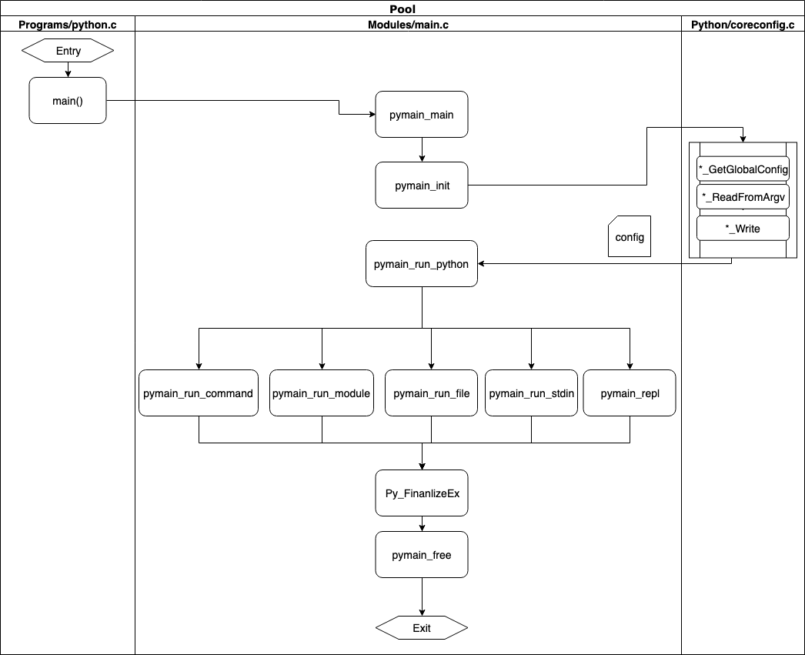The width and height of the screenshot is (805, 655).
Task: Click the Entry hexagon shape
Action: (68, 52)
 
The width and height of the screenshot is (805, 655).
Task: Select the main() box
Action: (68, 100)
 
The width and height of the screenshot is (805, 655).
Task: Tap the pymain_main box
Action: (422, 115)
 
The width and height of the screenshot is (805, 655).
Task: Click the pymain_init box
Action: (422, 185)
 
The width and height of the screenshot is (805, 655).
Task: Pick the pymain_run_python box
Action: (421, 264)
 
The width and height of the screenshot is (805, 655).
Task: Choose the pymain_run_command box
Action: (199, 393)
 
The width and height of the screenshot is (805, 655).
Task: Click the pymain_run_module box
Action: (322, 393)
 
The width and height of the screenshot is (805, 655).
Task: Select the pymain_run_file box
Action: (431, 393)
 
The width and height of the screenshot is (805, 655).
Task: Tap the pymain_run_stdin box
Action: (531, 393)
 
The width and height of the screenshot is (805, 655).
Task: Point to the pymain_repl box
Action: (630, 393)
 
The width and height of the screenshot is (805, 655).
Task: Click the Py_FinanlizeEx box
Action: (422, 493)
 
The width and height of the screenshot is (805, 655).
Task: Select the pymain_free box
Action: (422, 555)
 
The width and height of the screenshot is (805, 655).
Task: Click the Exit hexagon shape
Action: (422, 628)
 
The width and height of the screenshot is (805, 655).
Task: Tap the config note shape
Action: (630, 236)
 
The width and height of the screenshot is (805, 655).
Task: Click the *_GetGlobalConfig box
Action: (743, 169)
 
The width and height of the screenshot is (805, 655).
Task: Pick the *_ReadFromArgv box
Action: (743, 197)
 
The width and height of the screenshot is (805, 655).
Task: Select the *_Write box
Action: (743, 228)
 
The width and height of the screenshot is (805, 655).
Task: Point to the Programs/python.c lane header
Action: (68, 24)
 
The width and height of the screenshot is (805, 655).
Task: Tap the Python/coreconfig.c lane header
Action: (743, 24)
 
